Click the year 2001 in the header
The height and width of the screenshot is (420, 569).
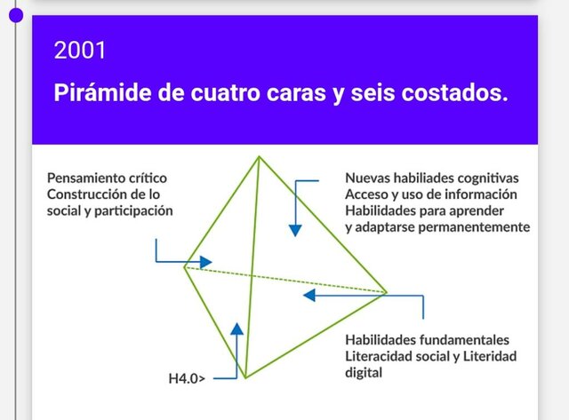80,51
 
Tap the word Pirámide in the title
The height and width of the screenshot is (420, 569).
100,93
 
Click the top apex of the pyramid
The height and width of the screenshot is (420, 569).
259,157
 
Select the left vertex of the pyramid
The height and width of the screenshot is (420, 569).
184,265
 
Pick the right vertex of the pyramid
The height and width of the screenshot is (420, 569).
387,292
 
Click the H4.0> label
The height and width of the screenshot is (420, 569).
187,379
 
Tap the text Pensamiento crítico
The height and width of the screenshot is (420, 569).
107,178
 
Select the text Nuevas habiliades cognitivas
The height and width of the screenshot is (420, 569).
431,178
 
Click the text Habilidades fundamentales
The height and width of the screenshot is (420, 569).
427,340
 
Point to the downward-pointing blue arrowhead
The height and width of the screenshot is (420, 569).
295,230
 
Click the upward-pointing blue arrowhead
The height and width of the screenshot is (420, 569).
236,328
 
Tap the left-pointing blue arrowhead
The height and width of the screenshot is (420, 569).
309,294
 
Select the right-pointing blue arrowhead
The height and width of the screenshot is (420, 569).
205,262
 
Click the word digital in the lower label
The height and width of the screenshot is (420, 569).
364,373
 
